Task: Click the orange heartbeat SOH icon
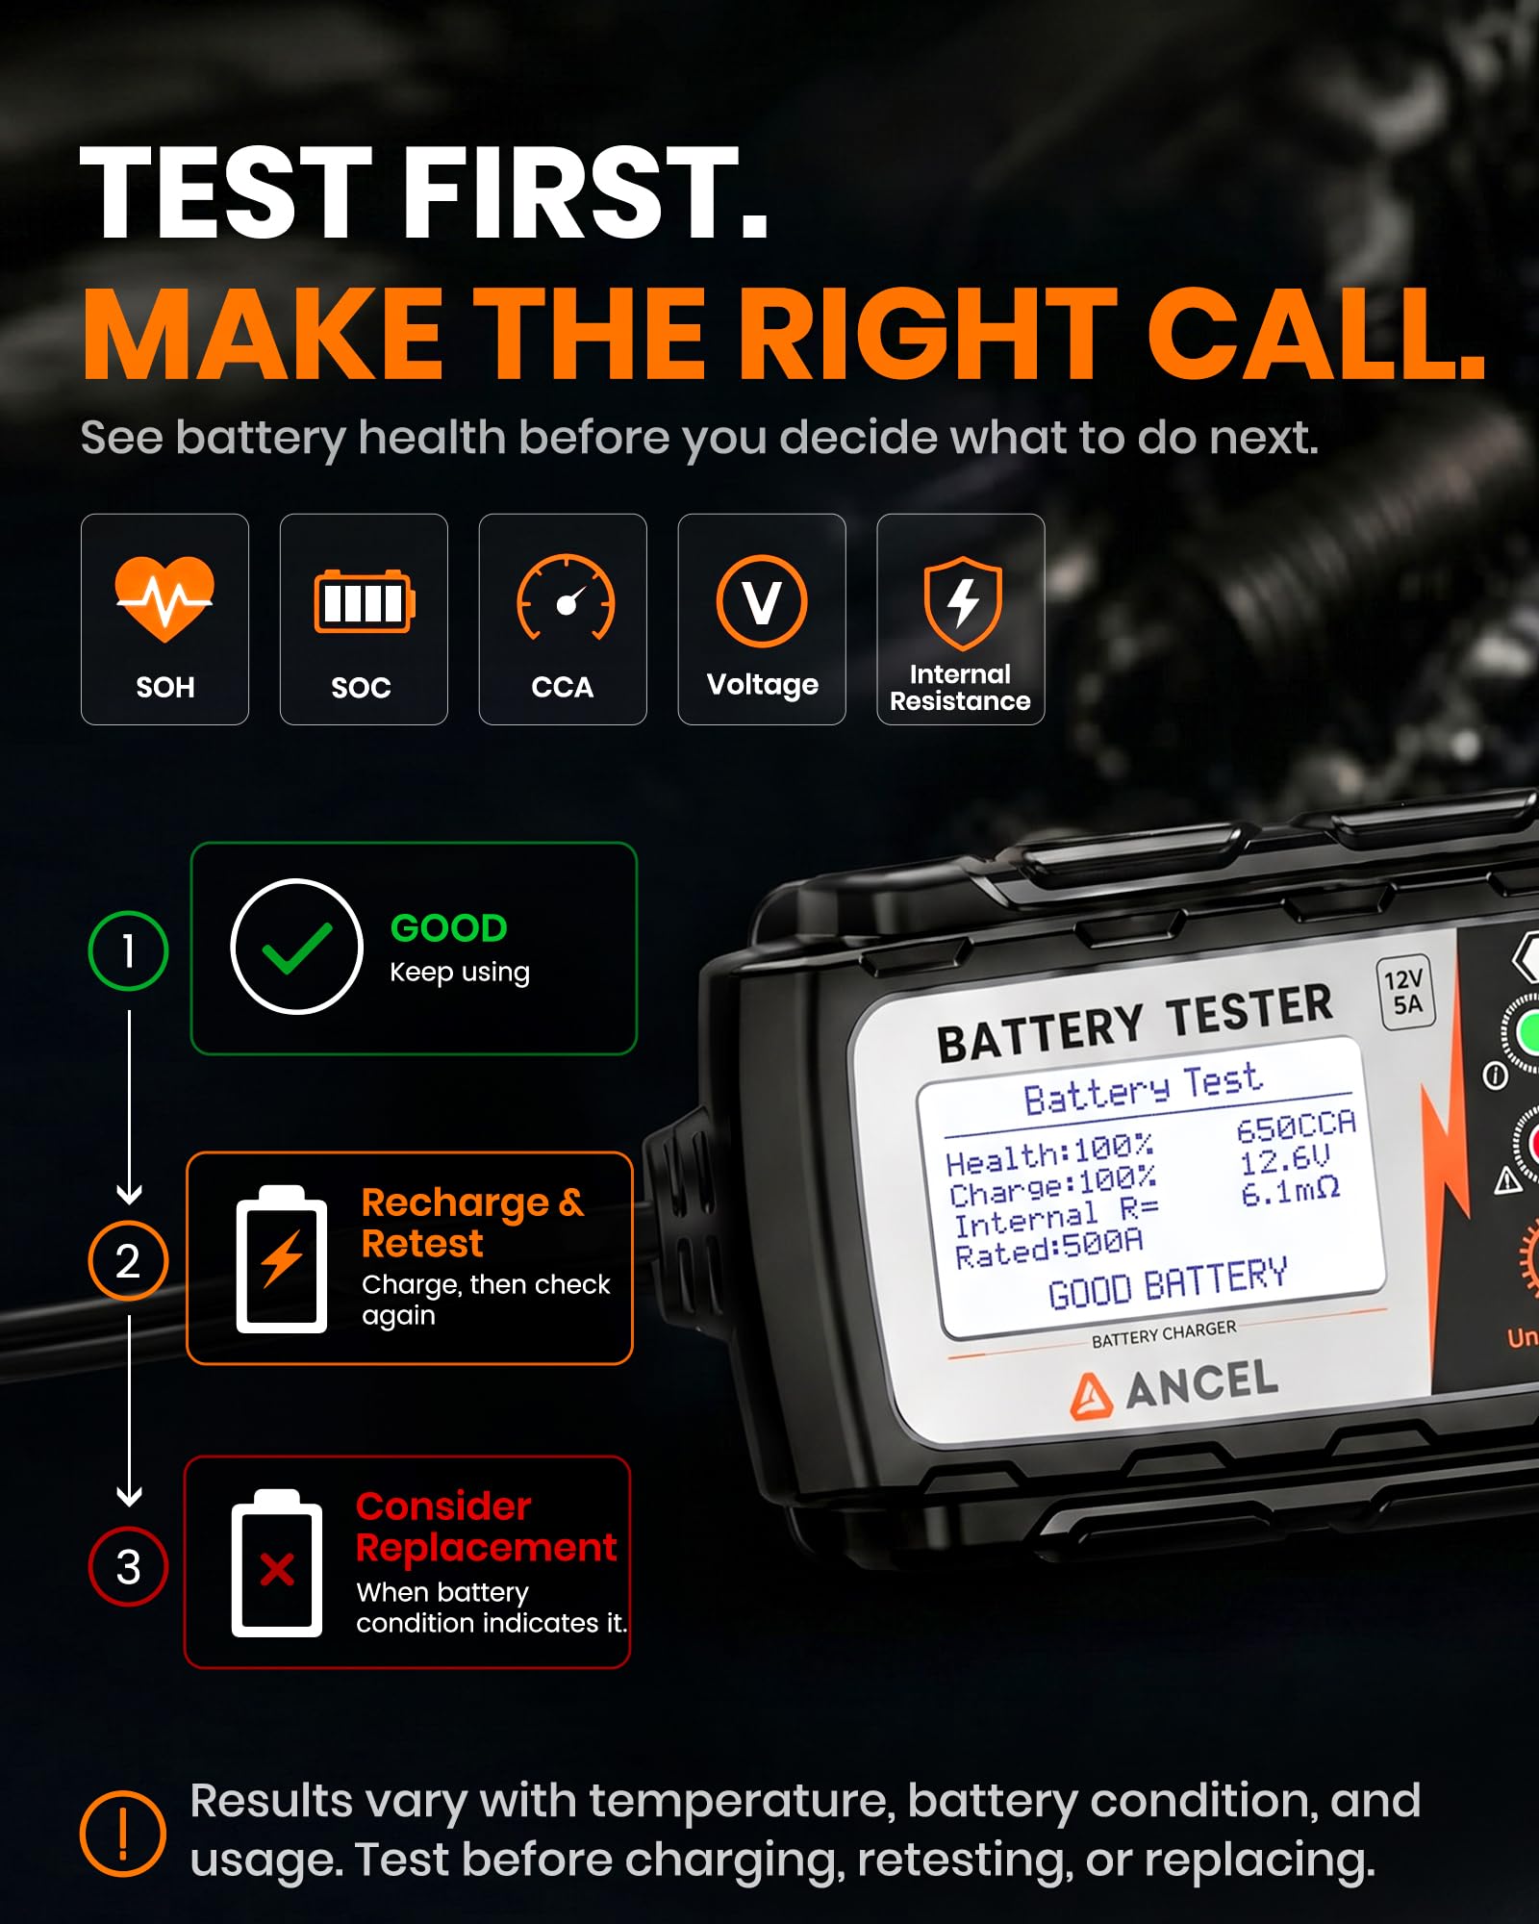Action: click(164, 598)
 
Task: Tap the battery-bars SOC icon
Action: click(365, 602)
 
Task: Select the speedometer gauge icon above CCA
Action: click(566, 597)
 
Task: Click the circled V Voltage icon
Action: click(762, 601)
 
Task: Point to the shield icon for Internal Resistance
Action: click(962, 602)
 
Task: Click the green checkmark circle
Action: click(297, 947)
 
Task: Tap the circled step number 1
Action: click(128, 950)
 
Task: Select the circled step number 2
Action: click(128, 1260)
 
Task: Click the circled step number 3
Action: click(128, 1566)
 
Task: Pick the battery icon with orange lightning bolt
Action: click(282, 1258)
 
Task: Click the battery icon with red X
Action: click(277, 1563)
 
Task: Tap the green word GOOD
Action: click(448, 928)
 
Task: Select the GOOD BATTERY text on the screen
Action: click(1168, 1283)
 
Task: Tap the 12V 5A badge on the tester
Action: click(1405, 993)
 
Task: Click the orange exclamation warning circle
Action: click(123, 1834)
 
